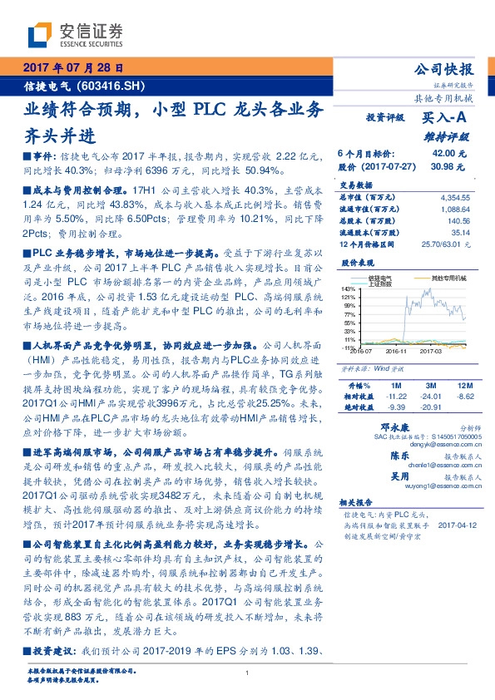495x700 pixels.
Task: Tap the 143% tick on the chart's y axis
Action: coord(348,288)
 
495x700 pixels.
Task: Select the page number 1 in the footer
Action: coord(248,673)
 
